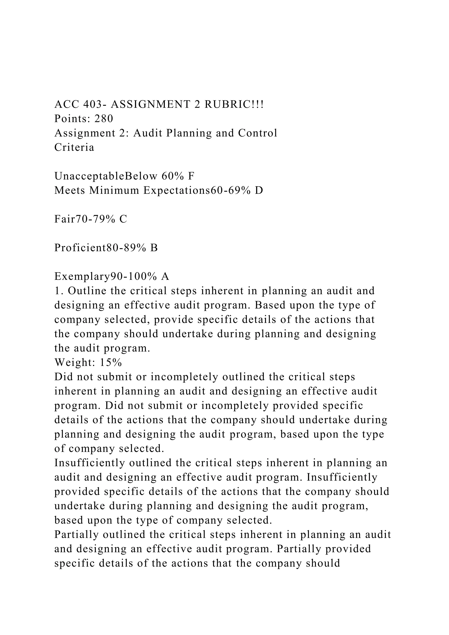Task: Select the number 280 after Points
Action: pyautogui.click(x=104, y=119)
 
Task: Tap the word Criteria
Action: pyautogui.click(x=74, y=147)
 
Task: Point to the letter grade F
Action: pyautogui.click(x=191, y=176)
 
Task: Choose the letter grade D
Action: pyautogui.click(x=259, y=190)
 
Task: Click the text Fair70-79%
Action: pyautogui.click(x=85, y=219)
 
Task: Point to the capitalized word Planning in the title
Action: pyautogui.click(x=189, y=133)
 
